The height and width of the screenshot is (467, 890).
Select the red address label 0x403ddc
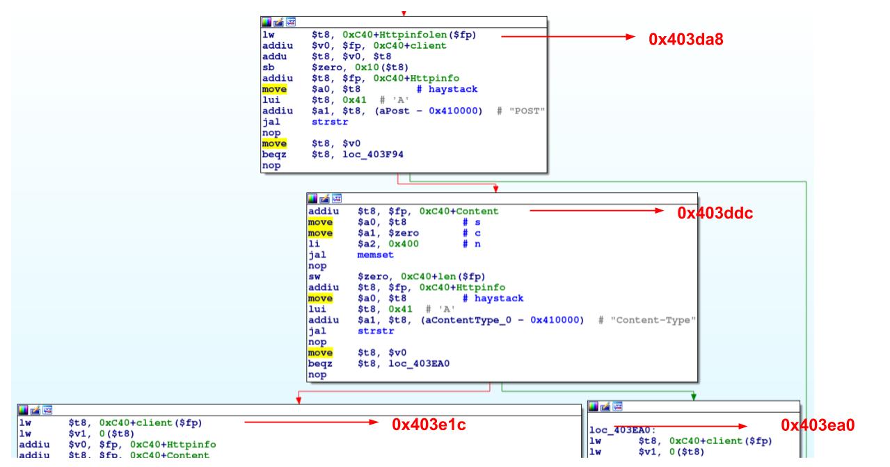(x=715, y=214)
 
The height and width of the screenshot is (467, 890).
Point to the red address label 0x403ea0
(x=817, y=425)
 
